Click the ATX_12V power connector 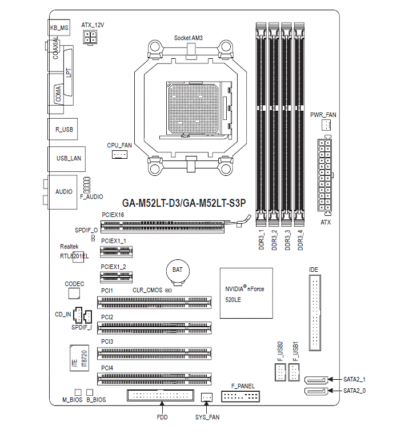(91, 38)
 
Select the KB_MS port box (59, 27)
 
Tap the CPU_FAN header (119, 154)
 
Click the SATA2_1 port (316, 379)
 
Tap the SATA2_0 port (316, 391)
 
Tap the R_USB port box (63, 130)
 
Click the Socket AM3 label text (189, 38)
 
